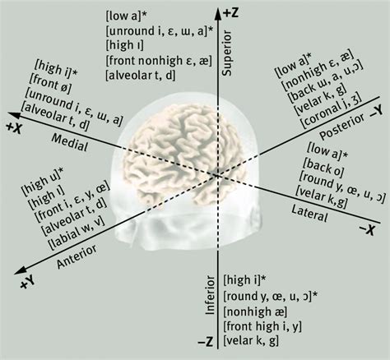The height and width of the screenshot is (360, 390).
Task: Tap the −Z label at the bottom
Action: (x=206, y=342)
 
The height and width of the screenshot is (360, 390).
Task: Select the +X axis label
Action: (x=14, y=128)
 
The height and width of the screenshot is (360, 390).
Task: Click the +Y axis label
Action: (x=28, y=282)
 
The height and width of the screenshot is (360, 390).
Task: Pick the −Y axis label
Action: (x=376, y=112)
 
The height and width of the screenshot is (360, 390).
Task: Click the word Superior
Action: (x=227, y=53)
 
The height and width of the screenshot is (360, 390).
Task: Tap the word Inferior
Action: (x=211, y=295)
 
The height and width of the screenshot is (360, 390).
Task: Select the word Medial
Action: (x=70, y=143)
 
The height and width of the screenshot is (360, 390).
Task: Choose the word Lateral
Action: (x=309, y=214)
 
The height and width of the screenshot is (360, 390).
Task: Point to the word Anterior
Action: (x=77, y=256)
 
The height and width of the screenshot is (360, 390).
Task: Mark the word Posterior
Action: (x=342, y=126)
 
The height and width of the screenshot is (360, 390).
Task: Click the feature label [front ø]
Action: (x=50, y=85)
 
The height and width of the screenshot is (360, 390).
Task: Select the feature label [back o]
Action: (x=323, y=168)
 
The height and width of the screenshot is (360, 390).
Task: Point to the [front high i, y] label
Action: (x=262, y=326)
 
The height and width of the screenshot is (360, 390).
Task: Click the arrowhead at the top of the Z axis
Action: (x=218, y=14)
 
